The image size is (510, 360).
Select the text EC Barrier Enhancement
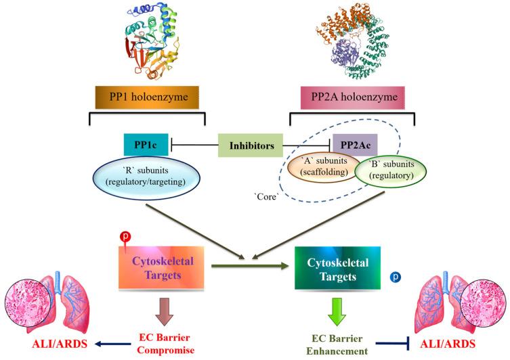pos(337,341)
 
